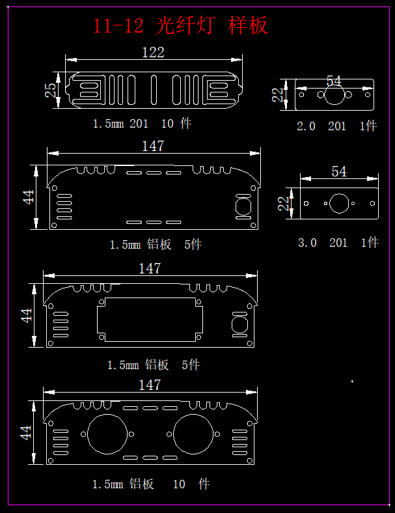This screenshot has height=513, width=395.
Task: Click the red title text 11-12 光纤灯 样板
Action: [x=181, y=25]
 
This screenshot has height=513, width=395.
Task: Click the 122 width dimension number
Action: [x=153, y=52]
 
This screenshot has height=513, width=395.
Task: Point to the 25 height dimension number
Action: [x=50, y=90]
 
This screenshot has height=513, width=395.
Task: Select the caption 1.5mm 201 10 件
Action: [x=143, y=124]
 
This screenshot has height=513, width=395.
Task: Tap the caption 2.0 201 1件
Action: [x=337, y=126]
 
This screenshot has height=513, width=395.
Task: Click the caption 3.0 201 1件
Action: [x=338, y=242]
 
